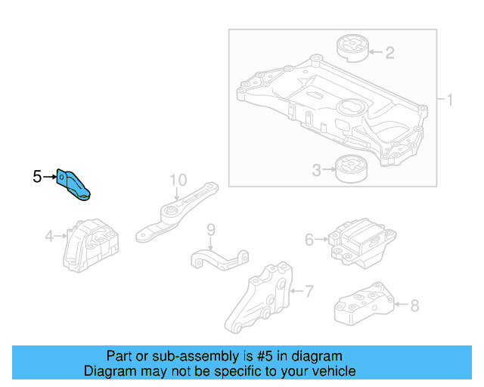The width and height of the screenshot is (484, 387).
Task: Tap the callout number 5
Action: coord(37,177)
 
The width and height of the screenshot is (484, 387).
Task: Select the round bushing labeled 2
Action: coord(351,48)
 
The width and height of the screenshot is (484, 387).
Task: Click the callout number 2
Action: coord(389,53)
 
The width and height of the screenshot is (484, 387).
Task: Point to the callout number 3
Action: coord(317,171)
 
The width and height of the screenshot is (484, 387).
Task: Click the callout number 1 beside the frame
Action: coord(448,100)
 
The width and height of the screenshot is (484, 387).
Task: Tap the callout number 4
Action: coord(49,237)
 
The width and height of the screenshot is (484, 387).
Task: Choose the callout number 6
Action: coord(309,240)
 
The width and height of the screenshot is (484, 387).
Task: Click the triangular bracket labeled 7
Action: coord(263,299)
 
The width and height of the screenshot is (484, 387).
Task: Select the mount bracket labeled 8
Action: coord(363,304)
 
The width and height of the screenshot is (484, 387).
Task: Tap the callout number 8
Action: coord(414,306)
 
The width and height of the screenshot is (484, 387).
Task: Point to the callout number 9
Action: coord(211,229)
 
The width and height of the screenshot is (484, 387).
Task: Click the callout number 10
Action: coord(178,180)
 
